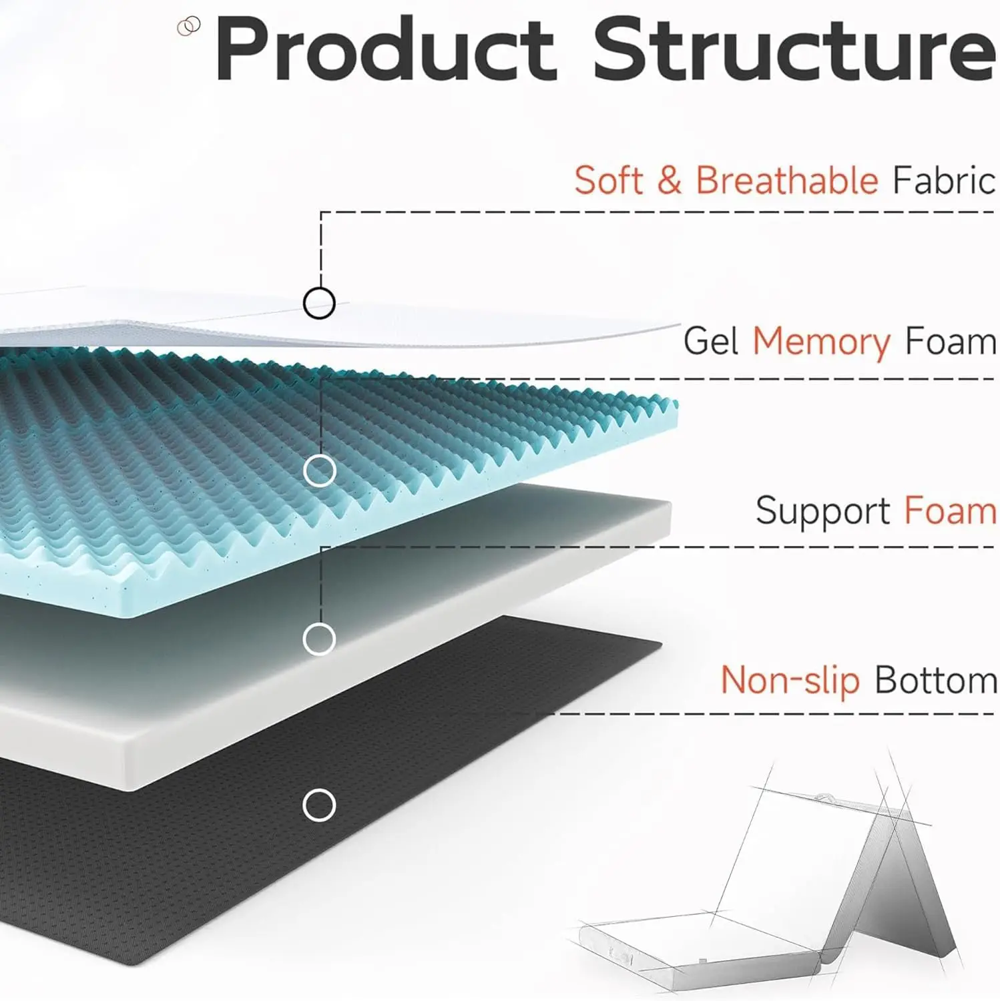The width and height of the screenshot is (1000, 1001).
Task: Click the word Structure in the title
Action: (x=794, y=51)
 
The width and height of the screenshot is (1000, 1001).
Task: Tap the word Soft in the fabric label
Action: (x=608, y=180)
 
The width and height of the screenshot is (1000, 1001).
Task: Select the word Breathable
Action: (x=787, y=180)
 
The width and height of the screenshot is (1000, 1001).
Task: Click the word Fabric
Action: (x=944, y=180)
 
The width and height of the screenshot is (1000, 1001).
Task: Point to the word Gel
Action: (x=710, y=342)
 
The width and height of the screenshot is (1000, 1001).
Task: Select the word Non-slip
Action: (x=790, y=681)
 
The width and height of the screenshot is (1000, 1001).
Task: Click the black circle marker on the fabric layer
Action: (x=319, y=303)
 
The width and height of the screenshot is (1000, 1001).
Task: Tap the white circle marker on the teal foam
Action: (x=319, y=471)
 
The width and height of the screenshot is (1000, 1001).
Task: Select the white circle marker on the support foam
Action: (x=319, y=639)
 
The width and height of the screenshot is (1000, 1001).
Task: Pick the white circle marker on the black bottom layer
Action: (x=319, y=805)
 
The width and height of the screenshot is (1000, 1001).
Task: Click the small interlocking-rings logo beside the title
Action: (x=189, y=27)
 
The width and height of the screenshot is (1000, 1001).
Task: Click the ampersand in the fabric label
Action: (x=669, y=180)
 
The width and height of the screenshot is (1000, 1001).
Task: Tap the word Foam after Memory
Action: (x=951, y=342)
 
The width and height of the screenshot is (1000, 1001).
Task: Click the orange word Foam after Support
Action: (x=951, y=511)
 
